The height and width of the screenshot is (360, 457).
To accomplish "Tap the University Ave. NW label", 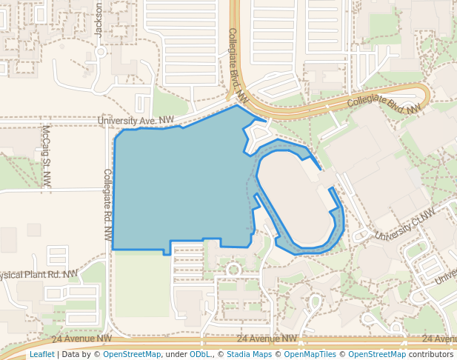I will click(136, 120).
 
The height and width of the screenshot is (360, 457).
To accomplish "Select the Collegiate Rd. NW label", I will click(107, 205).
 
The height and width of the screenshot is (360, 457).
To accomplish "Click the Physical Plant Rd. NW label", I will click(37, 275).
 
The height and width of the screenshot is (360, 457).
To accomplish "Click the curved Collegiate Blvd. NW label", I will click(384, 103).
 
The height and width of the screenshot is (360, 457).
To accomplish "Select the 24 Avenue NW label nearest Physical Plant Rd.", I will click(82, 338).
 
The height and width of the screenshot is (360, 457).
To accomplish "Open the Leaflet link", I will click(41, 355).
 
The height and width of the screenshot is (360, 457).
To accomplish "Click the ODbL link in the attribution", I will click(200, 355).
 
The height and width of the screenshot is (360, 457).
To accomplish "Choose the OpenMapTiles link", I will click(310, 355).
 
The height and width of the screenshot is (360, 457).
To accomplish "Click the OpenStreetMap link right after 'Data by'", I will click(132, 355).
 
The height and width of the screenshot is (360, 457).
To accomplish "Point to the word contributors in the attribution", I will click(430, 355).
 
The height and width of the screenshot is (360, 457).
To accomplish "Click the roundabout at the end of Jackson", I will click(100, 52).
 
